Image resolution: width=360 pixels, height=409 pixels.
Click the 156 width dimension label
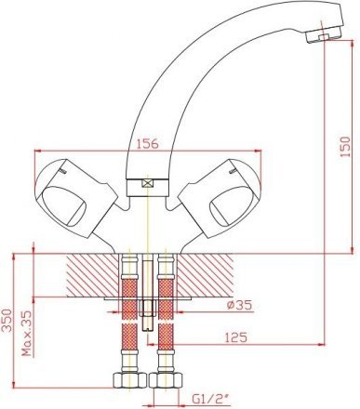pos(148,144)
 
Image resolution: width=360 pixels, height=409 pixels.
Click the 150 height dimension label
pos(345,147)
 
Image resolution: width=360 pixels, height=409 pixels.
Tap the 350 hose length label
pos(7,321)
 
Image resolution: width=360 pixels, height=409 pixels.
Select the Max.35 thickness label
pos(27,334)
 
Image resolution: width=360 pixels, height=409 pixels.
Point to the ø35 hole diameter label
pos(239,306)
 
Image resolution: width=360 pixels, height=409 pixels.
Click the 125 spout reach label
pos(235,337)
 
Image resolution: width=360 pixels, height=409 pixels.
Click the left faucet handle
pos(75,198)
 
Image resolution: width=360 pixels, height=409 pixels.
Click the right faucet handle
pos(220,198)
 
